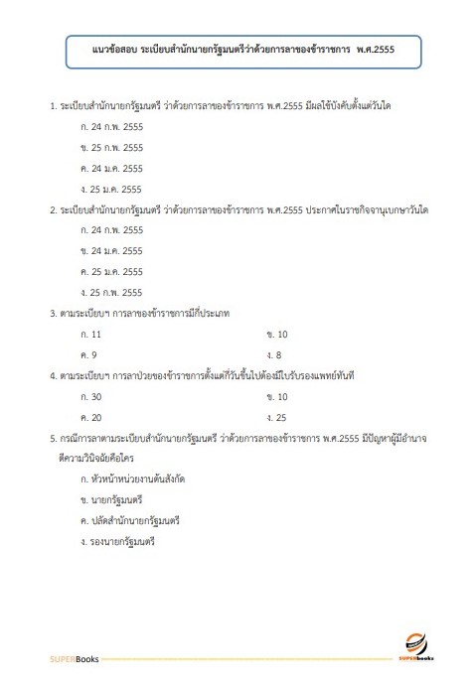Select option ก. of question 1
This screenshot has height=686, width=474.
[112, 129]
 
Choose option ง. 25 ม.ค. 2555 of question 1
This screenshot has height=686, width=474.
[112, 189]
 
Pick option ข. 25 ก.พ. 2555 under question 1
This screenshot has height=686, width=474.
[112, 149]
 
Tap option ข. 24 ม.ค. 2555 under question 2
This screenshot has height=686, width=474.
[112, 251]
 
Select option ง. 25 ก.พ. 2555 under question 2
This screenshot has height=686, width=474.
[112, 292]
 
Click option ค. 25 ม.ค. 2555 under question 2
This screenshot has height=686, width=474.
[112, 271]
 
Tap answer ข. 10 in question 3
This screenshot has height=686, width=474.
[276, 334]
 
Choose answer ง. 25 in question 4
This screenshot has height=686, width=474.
[276, 417]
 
